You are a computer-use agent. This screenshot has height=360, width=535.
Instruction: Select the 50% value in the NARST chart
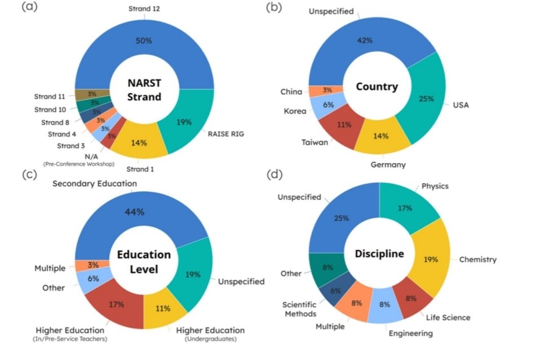(143, 41)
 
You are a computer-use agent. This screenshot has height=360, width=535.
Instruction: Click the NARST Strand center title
(143, 90)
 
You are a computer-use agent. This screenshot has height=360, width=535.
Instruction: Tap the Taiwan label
(315, 142)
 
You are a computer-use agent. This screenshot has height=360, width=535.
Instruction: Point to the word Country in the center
(377, 87)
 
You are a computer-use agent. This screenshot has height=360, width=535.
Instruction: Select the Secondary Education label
(95, 183)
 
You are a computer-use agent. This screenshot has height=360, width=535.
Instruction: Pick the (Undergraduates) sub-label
(211, 339)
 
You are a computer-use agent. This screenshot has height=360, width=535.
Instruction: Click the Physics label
(435, 186)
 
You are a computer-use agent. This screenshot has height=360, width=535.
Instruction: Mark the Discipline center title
(379, 254)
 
